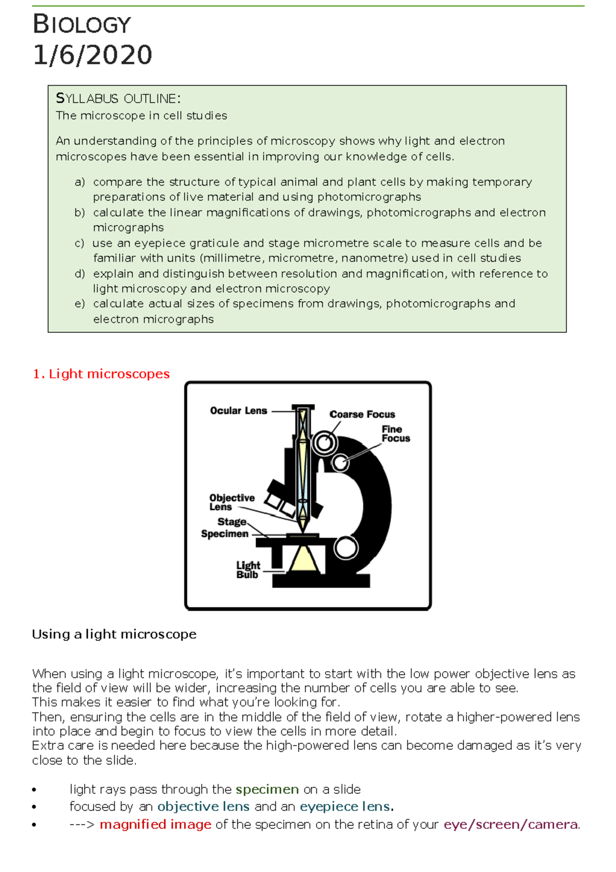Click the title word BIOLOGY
click(x=82, y=25)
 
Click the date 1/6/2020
click(x=92, y=55)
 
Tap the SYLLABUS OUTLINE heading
click(x=118, y=98)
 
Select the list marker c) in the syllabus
click(x=80, y=243)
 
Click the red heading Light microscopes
click(x=101, y=374)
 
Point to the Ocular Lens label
click(x=238, y=410)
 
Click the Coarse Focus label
click(x=362, y=414)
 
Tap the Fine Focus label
click(x=395, y=433)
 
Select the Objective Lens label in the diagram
click(x=231, y=502)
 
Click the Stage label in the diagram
click(x=232, y=522)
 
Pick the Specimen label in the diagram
click(x=224, y=534)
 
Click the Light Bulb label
click(x=248, y=570)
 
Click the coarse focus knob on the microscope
click(x=324, y=442)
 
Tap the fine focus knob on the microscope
click(x=340, y=462)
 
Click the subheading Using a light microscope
click(x=114, y=634)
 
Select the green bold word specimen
click(x=267, y=789)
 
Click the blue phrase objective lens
click(x=203, y=806)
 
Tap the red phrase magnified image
click(x=155, y=824)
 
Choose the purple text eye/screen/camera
click(x=511, y=824)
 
